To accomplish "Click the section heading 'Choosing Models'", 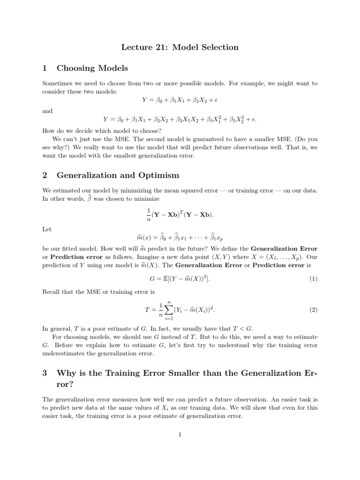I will pyautogui.click(x=92, y=68).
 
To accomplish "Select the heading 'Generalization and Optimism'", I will pyautogui.click(x=118, y=175).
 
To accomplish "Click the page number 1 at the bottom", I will pyautogui.click(x=180, y=434).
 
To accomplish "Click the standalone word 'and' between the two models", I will pyautogui.click(x=47, y=111).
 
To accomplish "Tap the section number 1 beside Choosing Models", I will pyautogui.click(x=45, y=68).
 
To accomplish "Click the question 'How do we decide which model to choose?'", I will pyautogui.click(x=102, y=131).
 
